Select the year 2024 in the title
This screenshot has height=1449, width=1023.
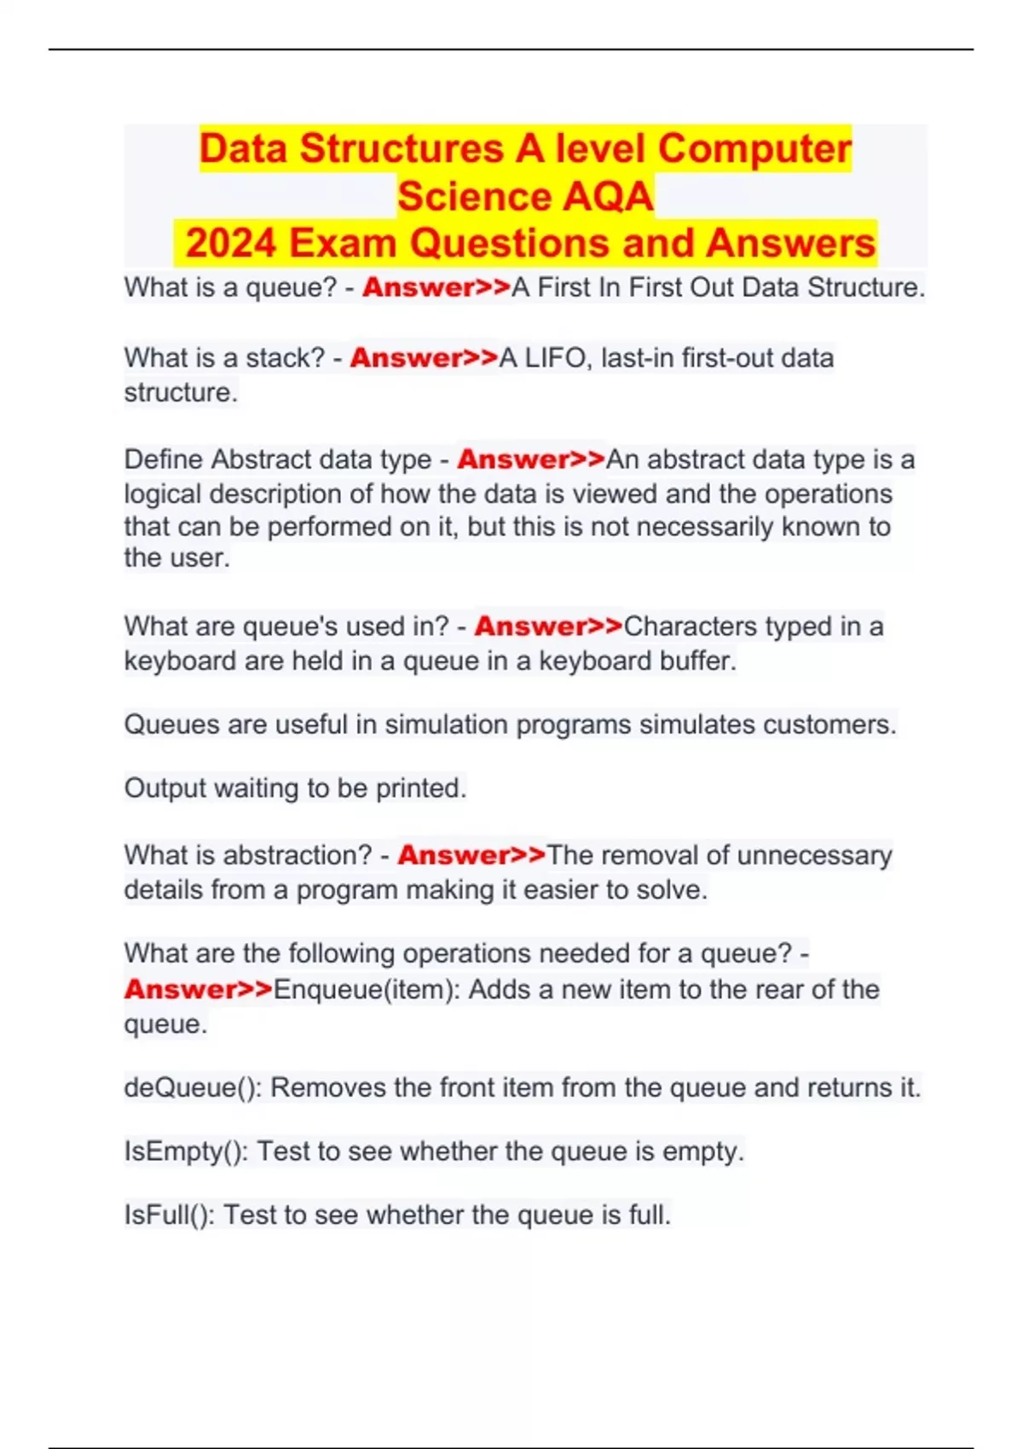231,244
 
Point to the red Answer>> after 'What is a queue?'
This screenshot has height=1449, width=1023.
436,288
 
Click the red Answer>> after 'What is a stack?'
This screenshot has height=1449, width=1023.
424,358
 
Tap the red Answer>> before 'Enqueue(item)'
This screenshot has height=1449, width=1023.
198,990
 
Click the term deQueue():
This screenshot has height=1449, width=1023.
193,1088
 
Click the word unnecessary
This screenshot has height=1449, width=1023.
814,855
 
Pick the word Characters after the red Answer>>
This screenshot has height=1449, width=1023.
691,626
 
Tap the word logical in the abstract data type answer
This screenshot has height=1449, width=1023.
162,494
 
